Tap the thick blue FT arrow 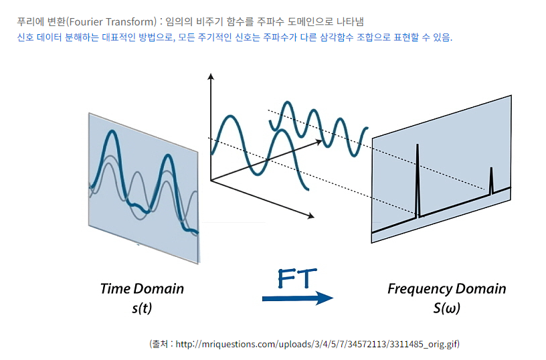tap(298, 298)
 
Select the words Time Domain tap(142, 288)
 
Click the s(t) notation tap(142, 308)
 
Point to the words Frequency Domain tap(447, 288)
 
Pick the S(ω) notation tap(447, 308)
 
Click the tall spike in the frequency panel tap(418, 181)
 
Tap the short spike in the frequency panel tap(491, 181)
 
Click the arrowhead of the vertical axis tap(210, 76)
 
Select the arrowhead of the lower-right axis tap(311, 216)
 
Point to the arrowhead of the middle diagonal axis tap(318, 141)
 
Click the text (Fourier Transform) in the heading tap(112, 22)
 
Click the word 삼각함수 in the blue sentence tap(337, 37)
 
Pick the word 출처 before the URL tap(161, 345)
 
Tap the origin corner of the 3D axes tap(211, 181)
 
